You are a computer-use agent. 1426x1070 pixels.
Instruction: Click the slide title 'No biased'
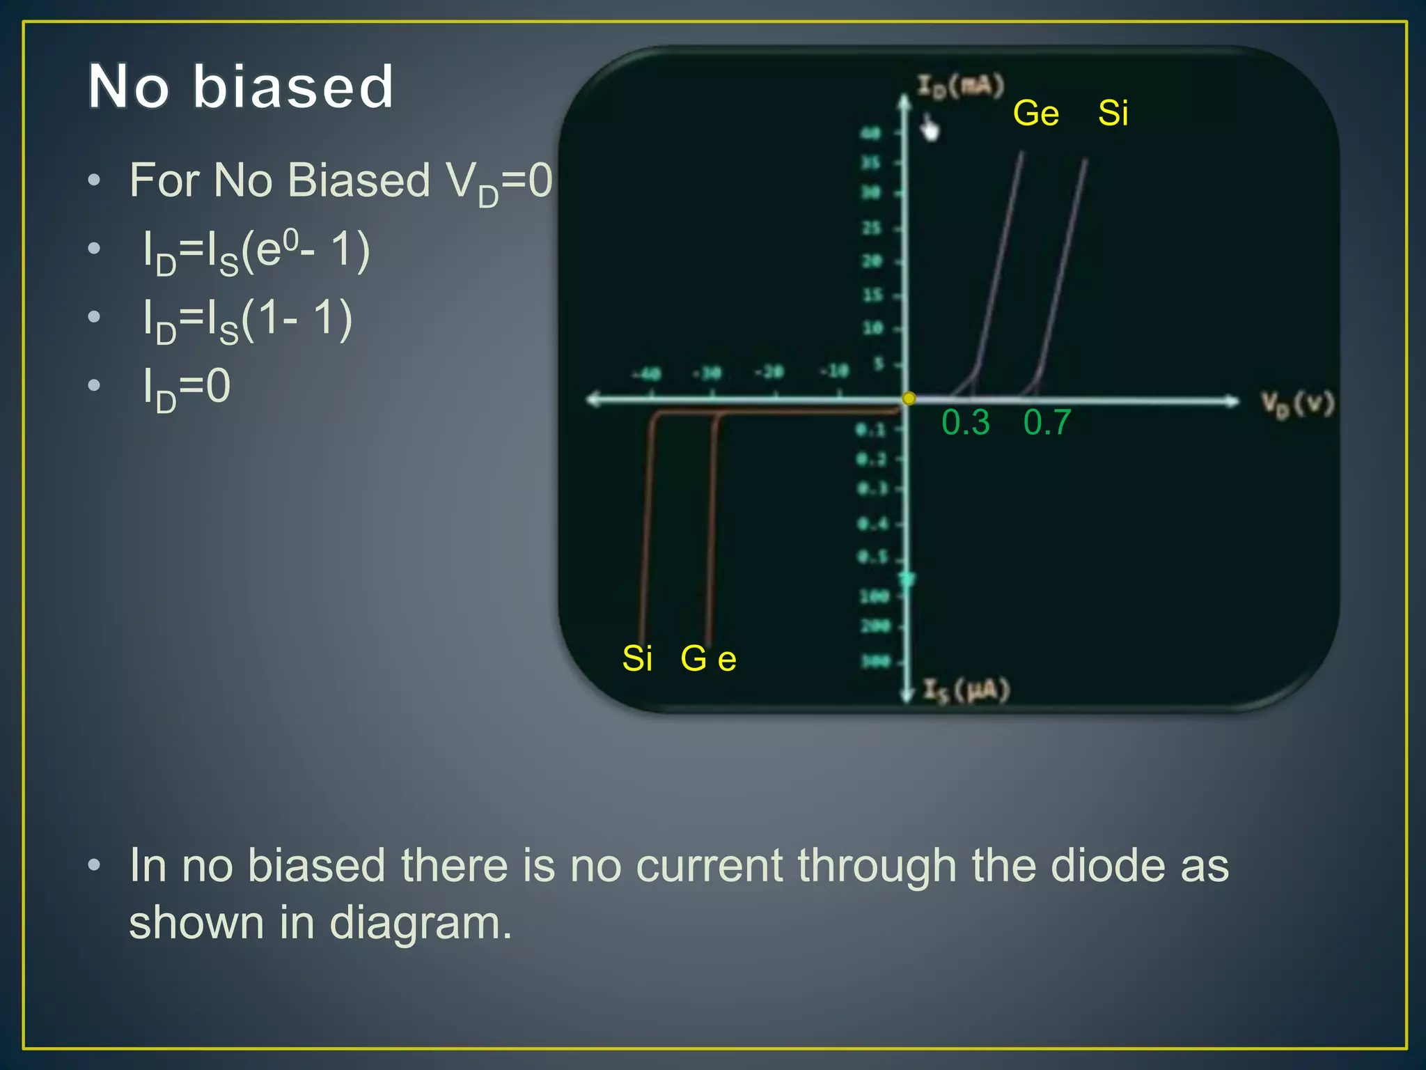[x=241, y=86]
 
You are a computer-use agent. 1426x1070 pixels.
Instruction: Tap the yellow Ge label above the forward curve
[x=1035, y=113]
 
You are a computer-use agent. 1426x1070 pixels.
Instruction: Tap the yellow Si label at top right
[x=1113, y=113]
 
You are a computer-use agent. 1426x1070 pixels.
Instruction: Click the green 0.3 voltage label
[x=965, y=422]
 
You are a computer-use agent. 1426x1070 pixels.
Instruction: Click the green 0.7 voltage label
[x=1047, y=422]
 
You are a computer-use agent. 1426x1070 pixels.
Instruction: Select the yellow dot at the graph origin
[x=909, y=398]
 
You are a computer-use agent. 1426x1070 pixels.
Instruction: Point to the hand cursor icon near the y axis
[x=930, y=128]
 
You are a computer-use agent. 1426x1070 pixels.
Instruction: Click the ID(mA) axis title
[x=960, y=86]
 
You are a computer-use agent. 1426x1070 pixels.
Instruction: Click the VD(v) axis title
[x=1297, y=405]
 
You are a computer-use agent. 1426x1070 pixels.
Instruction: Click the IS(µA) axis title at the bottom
[x=966, y=690]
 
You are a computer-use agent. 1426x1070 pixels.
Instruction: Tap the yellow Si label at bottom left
[x=637, y=658]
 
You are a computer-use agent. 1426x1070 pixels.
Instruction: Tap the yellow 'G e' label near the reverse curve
[x=708, y=658]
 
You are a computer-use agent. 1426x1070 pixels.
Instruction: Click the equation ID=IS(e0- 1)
[x=256, y=252]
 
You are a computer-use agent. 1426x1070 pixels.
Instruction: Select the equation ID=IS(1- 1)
[x=247, y=320]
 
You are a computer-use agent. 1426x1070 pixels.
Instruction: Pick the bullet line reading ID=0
[x=187, y=388]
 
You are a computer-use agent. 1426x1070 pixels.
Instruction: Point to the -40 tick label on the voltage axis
[x=646, y=374]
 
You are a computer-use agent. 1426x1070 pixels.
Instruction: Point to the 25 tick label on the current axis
[x=872, y=228]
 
